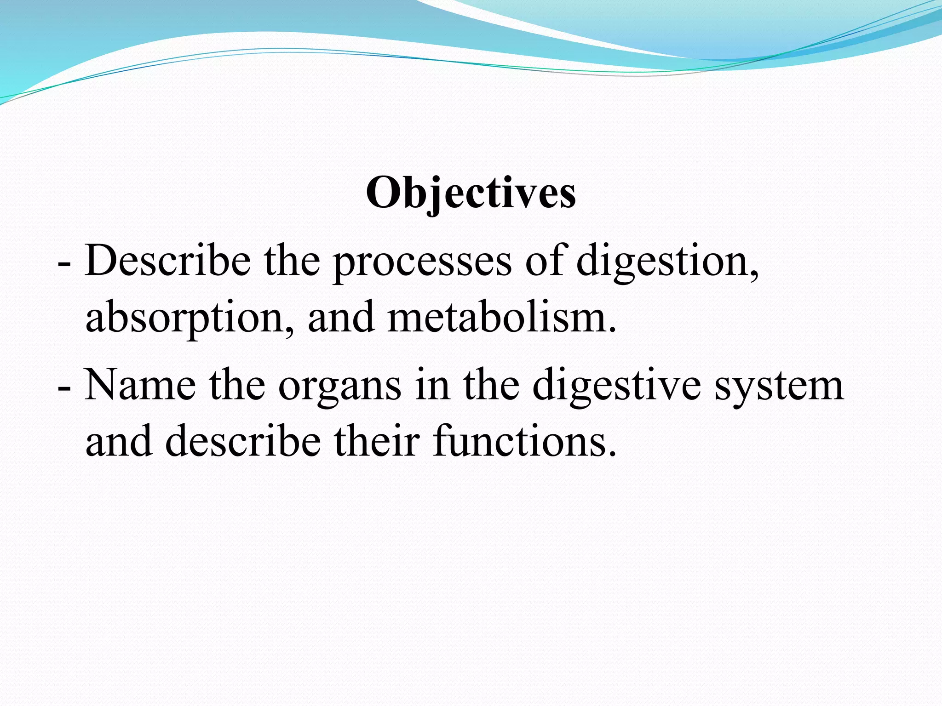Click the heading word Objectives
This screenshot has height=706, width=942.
point(471,193)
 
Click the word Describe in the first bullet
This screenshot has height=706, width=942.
point(168,261)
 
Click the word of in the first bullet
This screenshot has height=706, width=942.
point(544,261)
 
